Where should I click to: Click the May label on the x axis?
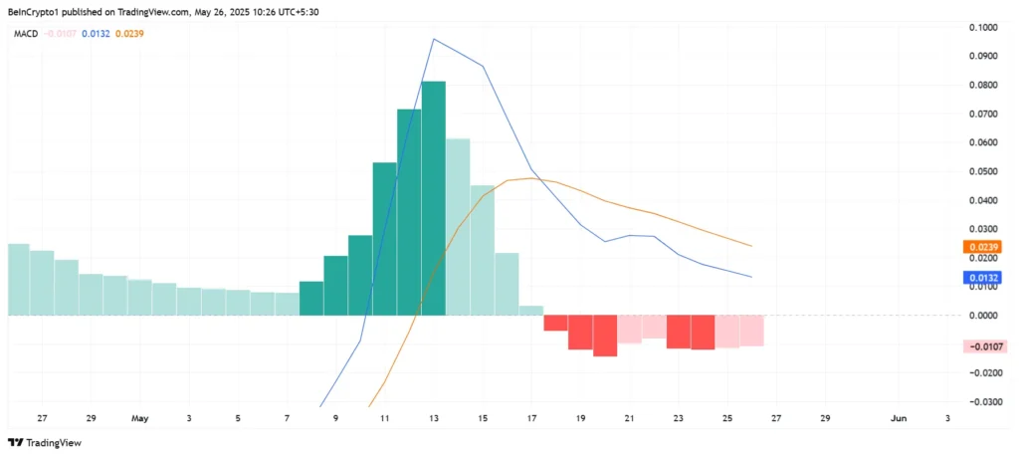point(140,419)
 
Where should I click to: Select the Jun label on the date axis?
point(899,419)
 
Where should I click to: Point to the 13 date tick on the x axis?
point(435,419)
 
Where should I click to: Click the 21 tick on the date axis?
point(630,419)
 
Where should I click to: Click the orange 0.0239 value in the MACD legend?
point(129,33)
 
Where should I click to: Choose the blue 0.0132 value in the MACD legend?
point(96,33)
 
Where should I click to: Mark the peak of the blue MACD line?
point(434,39)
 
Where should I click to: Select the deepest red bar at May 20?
point(605,336)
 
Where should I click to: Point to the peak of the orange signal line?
point(532,178)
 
